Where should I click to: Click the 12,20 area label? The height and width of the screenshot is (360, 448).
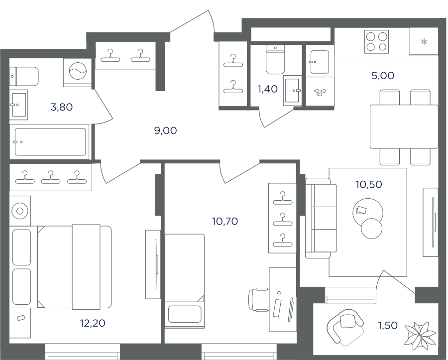[x=93, y=323]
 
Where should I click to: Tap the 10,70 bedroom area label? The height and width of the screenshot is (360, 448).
[x=225, y=221]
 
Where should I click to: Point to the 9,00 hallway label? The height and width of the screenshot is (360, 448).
[x=165, y=130]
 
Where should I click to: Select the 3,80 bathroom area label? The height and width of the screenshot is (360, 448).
[x=61, y=107]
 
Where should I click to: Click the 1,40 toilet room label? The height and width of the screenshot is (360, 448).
[x=268, y=89]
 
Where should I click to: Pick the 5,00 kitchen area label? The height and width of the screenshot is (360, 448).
[x=383, y=76]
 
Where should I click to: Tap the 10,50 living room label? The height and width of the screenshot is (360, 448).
[x=369, y=184]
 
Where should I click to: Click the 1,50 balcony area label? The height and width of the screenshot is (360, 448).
[x=388, y=325]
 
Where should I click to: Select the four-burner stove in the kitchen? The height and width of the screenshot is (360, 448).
[x=377, y=42]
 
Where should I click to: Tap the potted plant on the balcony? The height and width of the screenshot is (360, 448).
[x=420, y=333]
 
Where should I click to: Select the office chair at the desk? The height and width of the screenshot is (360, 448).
[x=258, y=300]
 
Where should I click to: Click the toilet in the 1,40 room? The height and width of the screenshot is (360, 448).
[x=275, y=59]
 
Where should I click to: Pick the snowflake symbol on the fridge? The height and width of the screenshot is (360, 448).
[x=424, y=42]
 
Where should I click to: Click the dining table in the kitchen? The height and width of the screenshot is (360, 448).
[x=404, y=126]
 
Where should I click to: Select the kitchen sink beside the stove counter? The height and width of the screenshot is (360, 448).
[x=320, y=62]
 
